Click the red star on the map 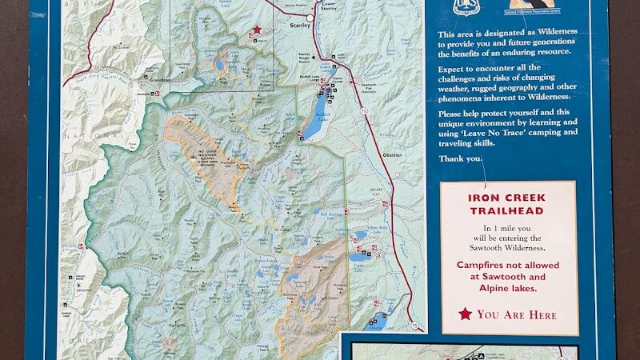coord(257,30)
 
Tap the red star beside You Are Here coord(465,314)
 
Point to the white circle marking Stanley coord(310,17)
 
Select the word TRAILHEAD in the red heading coord(507,211)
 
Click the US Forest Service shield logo coord(464,6)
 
